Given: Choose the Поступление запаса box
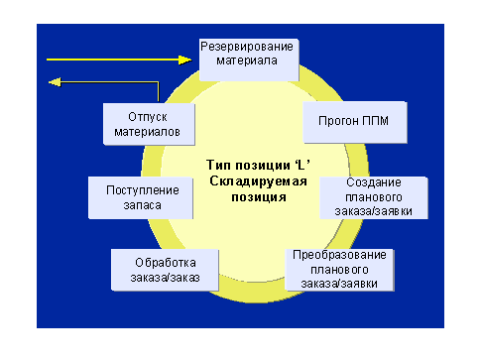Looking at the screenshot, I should click(148, 196).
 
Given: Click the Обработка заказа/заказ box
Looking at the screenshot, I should click(160, 269).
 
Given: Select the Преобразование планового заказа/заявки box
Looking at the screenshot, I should click(340, 269).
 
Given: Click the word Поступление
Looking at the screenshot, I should click(148, 189).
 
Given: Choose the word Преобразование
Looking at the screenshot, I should click(340, 256).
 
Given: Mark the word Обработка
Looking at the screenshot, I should click(160, 262).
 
